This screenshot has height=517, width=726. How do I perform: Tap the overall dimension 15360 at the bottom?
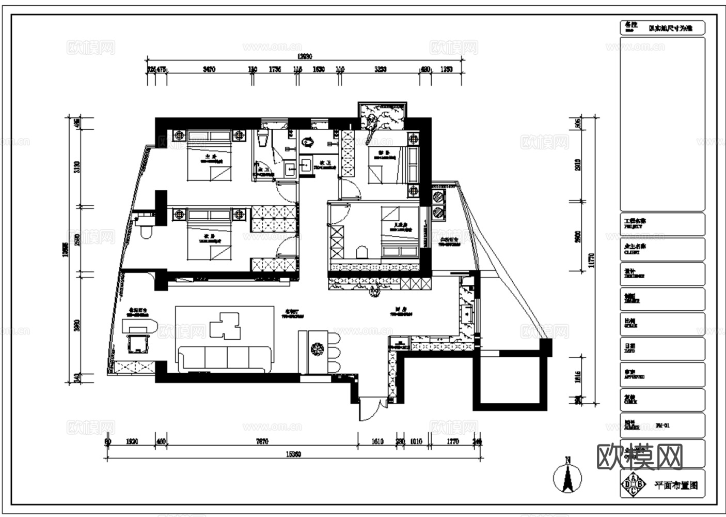tap(293, 454)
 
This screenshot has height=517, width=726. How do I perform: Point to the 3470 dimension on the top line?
tap(209, 69)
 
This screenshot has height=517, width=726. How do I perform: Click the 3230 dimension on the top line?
tap(380, 69)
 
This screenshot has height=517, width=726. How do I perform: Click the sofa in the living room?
tap(225, 358)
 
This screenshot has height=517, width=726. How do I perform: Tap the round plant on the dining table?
tap(317, 349)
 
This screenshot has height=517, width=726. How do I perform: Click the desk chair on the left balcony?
tap(138, 343)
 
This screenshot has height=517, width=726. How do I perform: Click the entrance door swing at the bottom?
tap(370, 408)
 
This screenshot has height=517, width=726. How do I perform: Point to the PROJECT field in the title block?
tap(662, 224)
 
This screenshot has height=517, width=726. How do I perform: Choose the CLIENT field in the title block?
tap(662, 249)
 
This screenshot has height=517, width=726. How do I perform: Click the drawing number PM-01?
tap(663, 426)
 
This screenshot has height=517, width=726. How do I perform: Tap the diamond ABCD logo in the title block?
tap(634, 484)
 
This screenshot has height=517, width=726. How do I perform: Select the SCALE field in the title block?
tap(662, 324)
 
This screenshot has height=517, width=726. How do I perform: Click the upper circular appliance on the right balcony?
tap(438, 197)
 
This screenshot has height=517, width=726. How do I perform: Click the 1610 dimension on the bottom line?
tap(377, 442)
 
